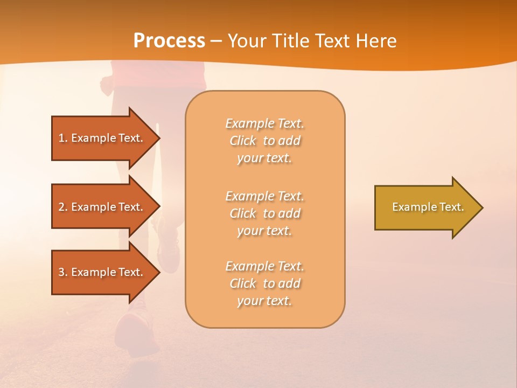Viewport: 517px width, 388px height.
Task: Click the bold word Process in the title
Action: click(x=169, y=41)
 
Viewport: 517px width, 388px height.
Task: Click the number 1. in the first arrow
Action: click(x=63, y=138)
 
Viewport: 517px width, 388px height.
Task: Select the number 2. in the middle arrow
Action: click(x=63, y=207)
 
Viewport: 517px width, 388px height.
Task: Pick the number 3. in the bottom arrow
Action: click(x=63, y=272)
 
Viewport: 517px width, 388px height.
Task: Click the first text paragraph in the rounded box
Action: click(x=264, y=141)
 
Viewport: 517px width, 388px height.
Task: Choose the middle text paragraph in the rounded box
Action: click(x=264, y=213)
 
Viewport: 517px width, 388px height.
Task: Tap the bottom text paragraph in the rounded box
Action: click(x=264, y=283)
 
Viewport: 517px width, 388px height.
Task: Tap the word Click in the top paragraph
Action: click(x=243, y=141)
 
